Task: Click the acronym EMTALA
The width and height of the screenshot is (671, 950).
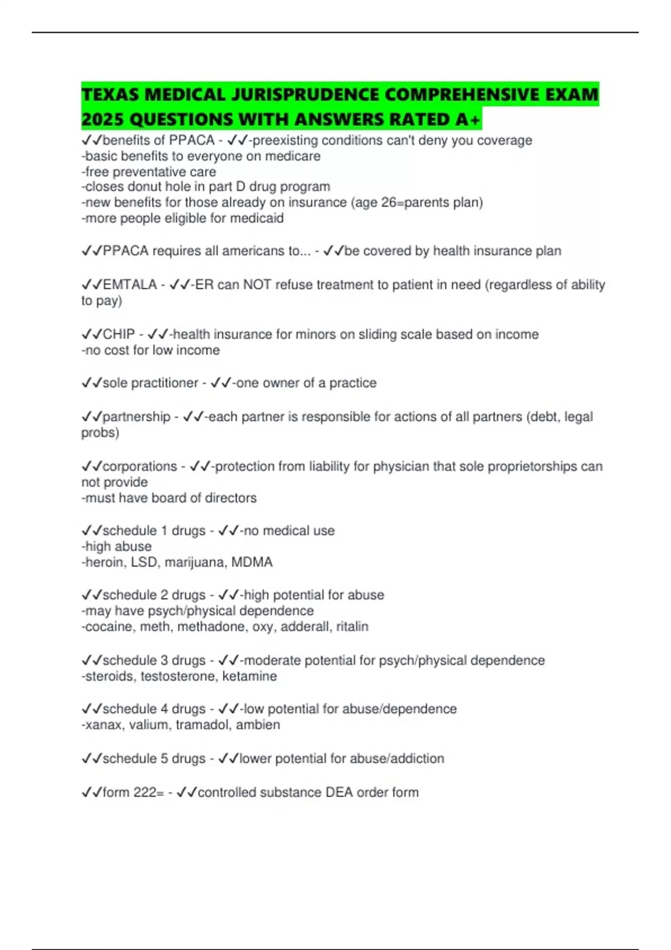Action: (x=130, y=285)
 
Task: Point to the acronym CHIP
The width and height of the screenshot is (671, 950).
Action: (x=119, y=334)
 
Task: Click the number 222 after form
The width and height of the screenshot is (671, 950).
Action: (x=144, y=792)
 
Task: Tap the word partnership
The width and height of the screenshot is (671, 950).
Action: (x=136, y=417)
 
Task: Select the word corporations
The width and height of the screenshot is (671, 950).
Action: (x=140, y=467)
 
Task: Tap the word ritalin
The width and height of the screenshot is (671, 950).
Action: (x=352, y=627)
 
